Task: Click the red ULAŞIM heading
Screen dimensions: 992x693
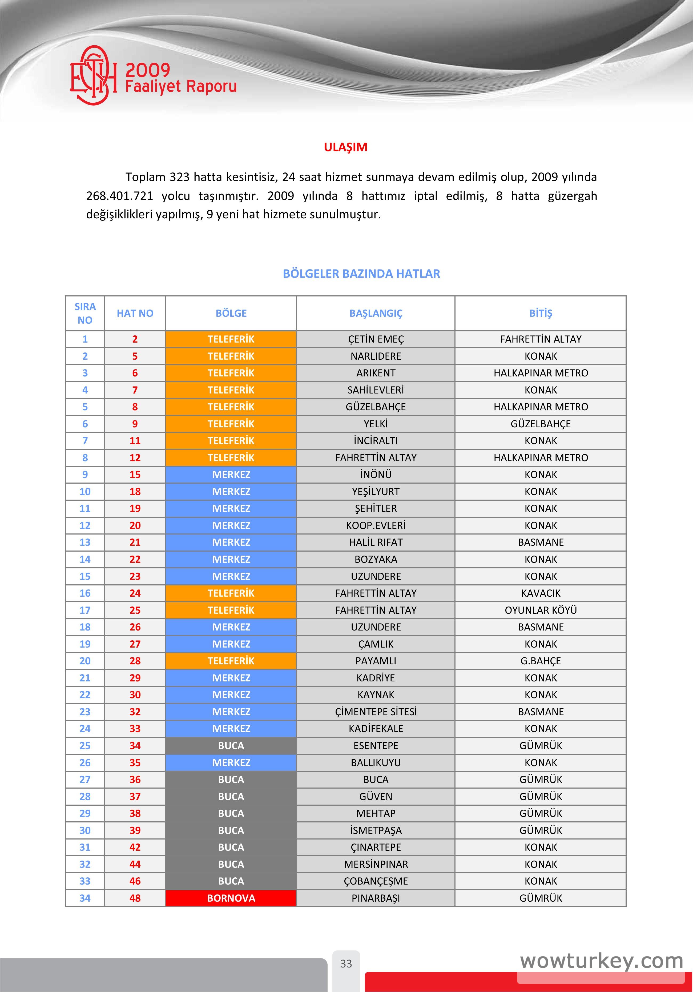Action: point(346,147)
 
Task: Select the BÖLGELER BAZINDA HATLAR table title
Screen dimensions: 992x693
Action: point(361,274)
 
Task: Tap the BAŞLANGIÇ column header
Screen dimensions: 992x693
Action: point(376,313)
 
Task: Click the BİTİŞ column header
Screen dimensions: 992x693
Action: point(541,313)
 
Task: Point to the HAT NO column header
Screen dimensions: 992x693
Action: point(135,313)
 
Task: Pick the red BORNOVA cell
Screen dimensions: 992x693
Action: point(231,898)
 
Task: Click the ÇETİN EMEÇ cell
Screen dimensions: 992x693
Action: point(376,339)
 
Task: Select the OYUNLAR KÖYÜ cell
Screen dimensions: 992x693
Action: point(541,610)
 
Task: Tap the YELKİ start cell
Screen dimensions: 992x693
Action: point(376,424)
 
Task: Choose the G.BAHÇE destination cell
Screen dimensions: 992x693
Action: point(541,661)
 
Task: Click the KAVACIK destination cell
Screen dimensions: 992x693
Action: point(541,593)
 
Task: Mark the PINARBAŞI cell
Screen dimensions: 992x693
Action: point(376,898)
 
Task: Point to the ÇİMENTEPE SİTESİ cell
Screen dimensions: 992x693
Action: point(376,712)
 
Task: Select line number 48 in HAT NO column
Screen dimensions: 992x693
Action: point(135,898)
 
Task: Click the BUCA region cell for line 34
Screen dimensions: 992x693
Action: point(231,746)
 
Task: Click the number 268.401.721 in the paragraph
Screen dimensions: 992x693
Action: point(120,196)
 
